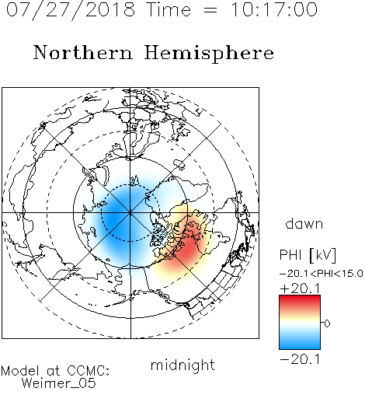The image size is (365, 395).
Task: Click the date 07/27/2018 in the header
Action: pos(71,10)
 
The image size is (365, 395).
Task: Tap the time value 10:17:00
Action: pos(274,9)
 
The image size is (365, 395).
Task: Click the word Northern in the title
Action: pos(83,52)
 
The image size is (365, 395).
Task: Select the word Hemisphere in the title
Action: pos(209,54)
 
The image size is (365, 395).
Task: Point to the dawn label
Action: pos(304,224)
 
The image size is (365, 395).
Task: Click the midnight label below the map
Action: pos(182,365)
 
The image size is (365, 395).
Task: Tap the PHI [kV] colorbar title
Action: pos(308,255)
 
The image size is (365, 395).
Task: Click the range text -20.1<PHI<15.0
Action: pos(321,274)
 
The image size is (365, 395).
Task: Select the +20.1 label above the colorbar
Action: pos(300,288)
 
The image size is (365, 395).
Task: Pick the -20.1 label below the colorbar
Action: pos(300,359)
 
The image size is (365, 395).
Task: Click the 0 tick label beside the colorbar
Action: pos(327,323)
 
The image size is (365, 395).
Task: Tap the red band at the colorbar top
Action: pos(300,301)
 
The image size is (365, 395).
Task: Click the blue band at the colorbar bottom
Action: pos(300,344)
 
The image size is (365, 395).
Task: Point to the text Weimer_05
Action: pos(59,383)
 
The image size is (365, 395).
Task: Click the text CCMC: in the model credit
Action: pos(88,371)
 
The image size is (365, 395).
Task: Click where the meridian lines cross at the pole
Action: pos(130,212)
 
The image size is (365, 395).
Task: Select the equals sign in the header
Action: pos(210,10)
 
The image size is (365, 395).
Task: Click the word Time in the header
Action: pos(169,9)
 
